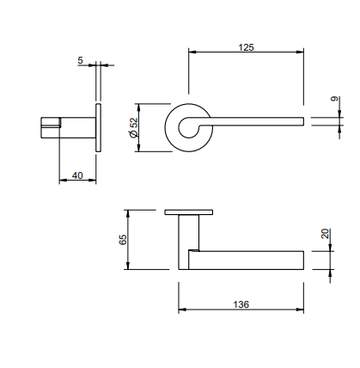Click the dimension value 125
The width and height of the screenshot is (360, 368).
[245, 47]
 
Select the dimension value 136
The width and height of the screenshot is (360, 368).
[241, 304]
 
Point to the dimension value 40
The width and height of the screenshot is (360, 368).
[77, 175]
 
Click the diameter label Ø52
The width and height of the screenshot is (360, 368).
[133, 129]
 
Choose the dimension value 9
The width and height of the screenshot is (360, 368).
[334, 101]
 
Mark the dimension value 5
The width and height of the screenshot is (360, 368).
[81, 60]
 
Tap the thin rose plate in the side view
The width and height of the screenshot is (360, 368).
[99, 128]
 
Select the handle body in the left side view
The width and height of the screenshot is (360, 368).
[69, 128]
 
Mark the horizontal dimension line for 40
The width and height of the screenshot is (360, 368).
[77, 181]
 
